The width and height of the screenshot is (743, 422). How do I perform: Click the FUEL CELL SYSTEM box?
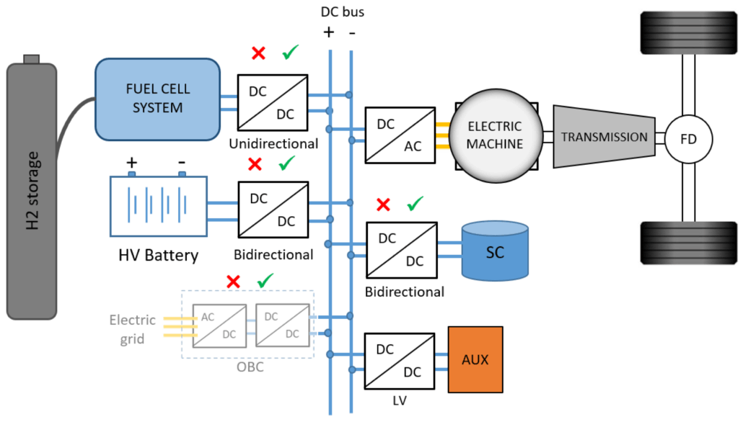(157, 99)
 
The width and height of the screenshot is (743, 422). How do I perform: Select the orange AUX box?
(475, 359)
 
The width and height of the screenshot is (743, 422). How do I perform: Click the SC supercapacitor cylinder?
(494, 250)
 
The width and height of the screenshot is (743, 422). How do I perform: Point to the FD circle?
(688, 138)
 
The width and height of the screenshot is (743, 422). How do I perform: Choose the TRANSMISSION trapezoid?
(604, 137)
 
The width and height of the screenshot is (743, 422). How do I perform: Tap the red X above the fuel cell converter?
(258, 53)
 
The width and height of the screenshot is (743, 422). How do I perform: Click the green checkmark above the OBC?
(266, 280)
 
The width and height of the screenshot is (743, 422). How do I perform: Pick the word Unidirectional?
(273, 143)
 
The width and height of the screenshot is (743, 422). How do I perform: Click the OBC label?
(250, 367)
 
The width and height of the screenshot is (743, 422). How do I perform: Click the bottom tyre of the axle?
(687, 243)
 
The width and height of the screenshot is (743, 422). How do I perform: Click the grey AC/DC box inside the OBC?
(218, 325)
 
